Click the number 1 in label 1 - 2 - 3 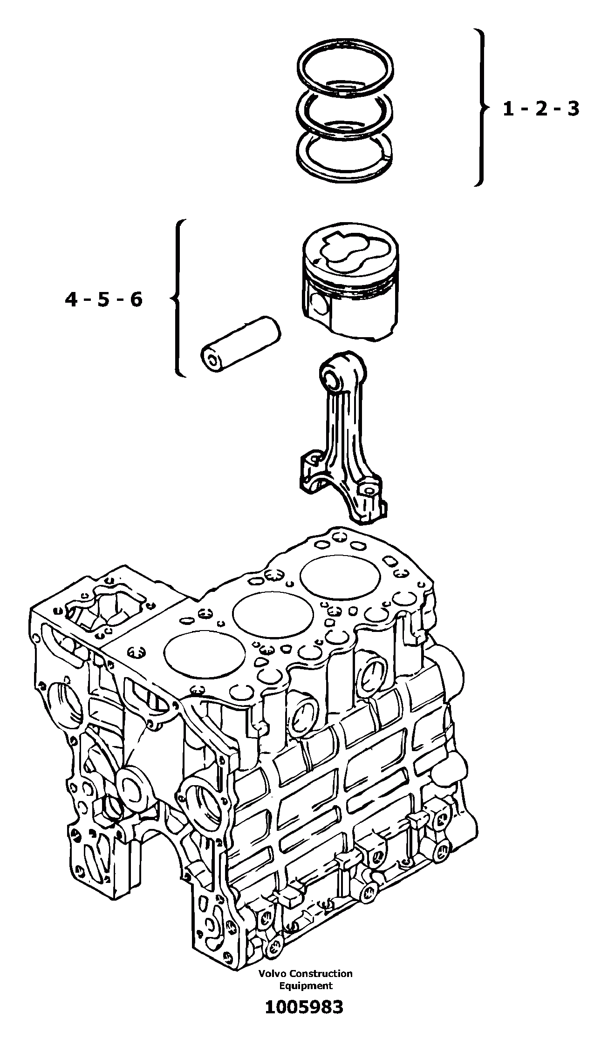(509, 109)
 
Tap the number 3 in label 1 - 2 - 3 (572, 109)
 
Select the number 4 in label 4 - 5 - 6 (71, 299)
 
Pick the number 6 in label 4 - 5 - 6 (136, 299)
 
